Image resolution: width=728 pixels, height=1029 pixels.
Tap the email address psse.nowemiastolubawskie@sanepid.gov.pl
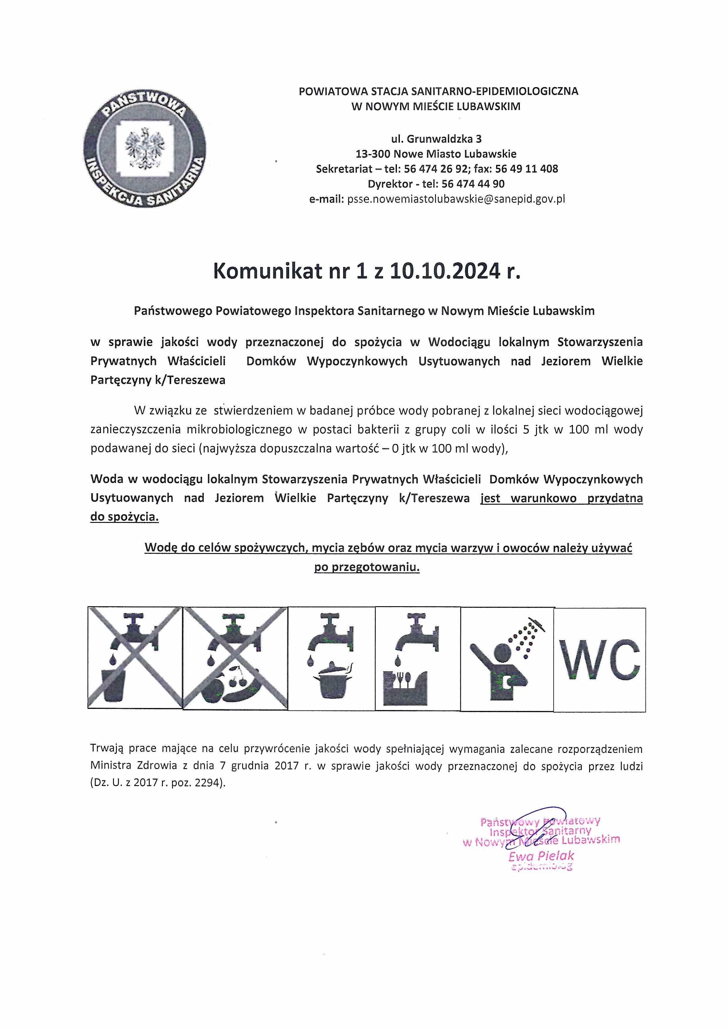[x=456, y=199]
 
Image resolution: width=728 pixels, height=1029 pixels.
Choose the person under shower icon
[x=507, y=659]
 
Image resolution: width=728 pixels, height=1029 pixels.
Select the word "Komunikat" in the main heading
[x=268, y=271]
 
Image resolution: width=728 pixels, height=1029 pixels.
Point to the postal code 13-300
[x=373, y=154]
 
